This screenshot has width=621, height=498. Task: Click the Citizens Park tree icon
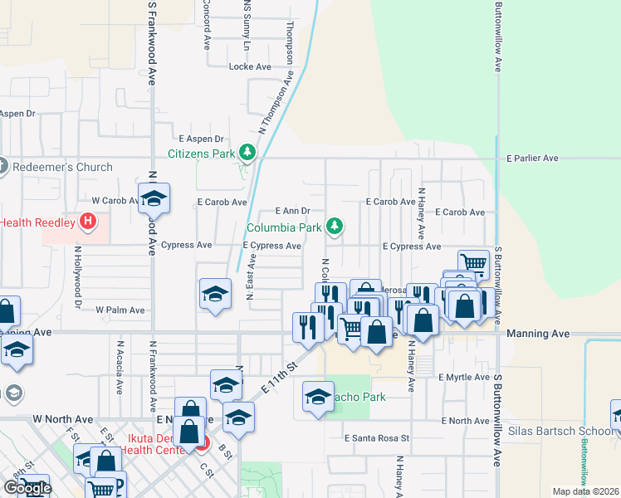tap(247, 152)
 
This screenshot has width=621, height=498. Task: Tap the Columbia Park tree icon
tap(334, 225)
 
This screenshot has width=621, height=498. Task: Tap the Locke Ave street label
tap(250, 66)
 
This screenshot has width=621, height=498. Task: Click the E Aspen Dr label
tap(202, 139)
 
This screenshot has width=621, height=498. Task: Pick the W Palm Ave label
tap(120, 310)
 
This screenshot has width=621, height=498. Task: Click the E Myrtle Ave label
tap(465, 377)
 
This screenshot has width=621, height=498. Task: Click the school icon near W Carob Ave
tap(154, 198)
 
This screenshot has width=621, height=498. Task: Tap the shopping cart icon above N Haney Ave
tap(472, 262)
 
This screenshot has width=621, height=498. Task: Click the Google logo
tap(27, 488)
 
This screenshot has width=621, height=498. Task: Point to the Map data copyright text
tap(584, 491)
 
